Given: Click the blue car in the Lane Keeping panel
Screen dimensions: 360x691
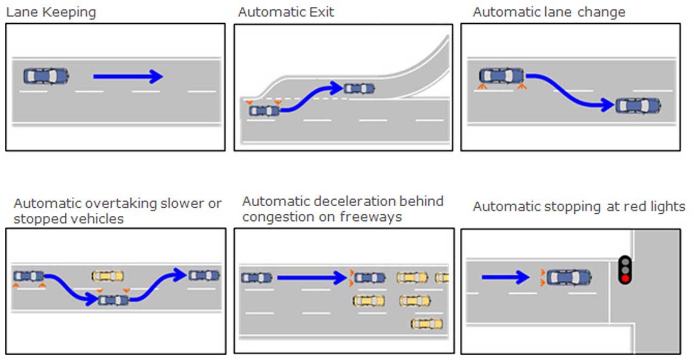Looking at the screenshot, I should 46,76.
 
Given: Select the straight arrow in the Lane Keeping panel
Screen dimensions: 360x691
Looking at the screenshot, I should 128,77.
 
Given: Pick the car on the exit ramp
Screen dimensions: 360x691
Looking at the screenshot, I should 360,88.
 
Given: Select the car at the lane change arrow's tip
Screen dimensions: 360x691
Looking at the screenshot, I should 638,106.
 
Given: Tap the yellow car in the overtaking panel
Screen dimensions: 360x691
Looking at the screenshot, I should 107,276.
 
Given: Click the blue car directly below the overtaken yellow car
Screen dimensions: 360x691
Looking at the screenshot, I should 113,300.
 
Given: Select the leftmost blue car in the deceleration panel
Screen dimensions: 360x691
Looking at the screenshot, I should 256,277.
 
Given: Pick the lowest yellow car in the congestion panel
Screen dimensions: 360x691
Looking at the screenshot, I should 426,324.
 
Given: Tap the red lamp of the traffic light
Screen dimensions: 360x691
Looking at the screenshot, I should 625,279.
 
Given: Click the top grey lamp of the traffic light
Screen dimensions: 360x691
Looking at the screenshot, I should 625,260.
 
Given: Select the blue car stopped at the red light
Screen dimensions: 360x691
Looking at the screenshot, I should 569,277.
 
